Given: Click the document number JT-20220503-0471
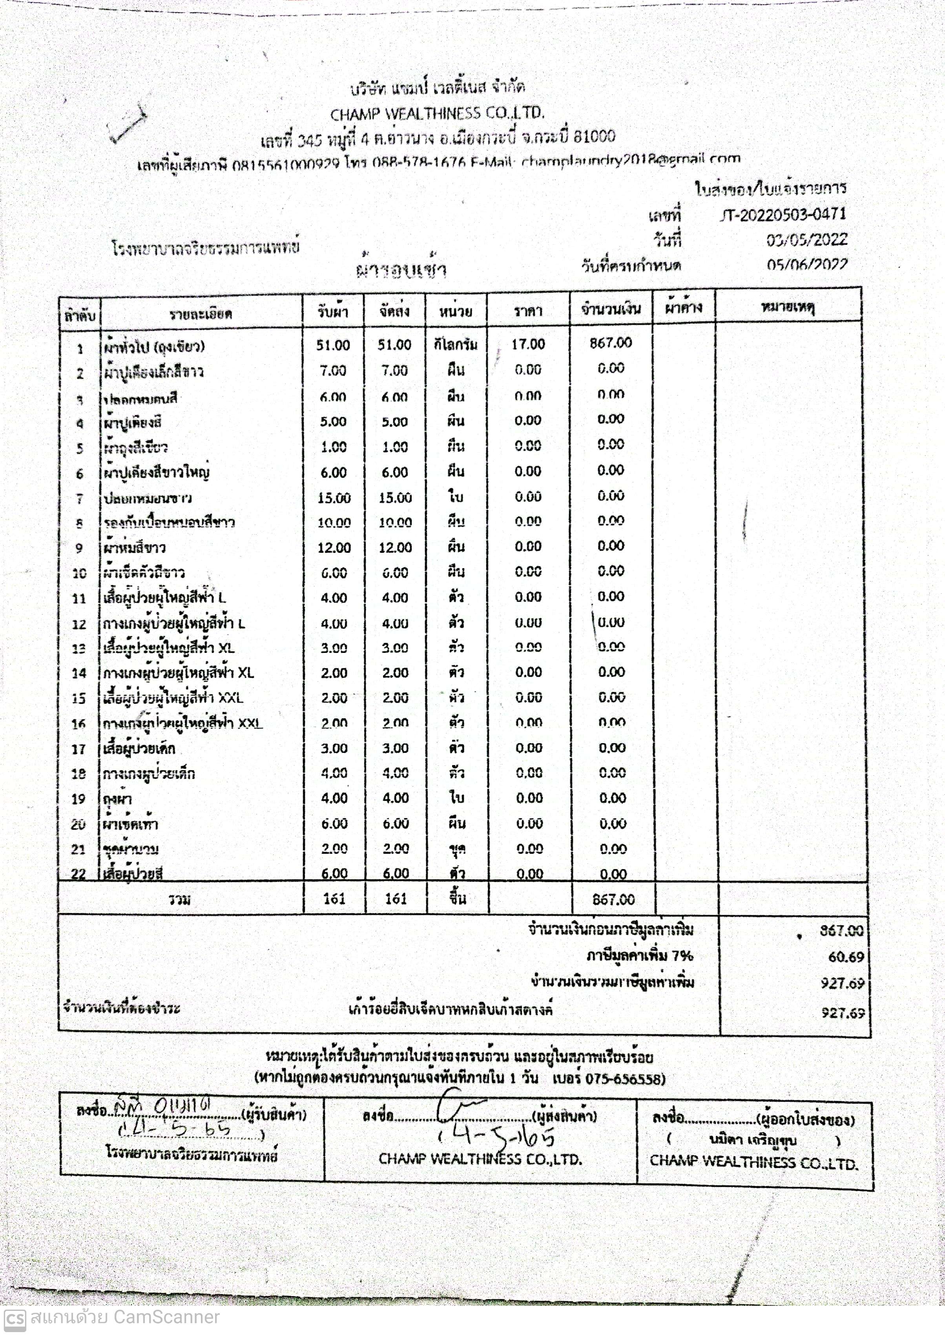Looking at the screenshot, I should pyautogui.click(x=783, y=215).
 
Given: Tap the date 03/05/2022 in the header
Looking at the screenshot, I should pyautogui.click(x=806, y=240).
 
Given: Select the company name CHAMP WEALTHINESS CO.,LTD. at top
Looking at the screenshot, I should pyautogui.click(x=437, y=113).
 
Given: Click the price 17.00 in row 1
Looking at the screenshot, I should pyautogui.click(x=528, y=344).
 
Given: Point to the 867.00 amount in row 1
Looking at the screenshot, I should pyautogui.click(x=610, y=343).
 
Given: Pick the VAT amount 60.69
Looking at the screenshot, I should pyautogui.click(x=845, y=957).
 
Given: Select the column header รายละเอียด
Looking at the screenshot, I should pyautogui.click(x=201, y=314).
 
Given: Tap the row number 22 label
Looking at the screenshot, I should pyautogui.click(x=78, y=874).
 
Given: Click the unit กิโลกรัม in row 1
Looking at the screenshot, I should pyautogui.click(x=456, y=344).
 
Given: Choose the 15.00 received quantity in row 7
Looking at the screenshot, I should pyautogui.click(x=334, y=498).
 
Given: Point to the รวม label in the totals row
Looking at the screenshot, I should pyautogui.click(x=179, y=899).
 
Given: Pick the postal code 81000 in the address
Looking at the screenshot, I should pyautogui.click(x=593, y=136).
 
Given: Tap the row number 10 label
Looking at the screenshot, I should pyautogui.click(x=79, y=573).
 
